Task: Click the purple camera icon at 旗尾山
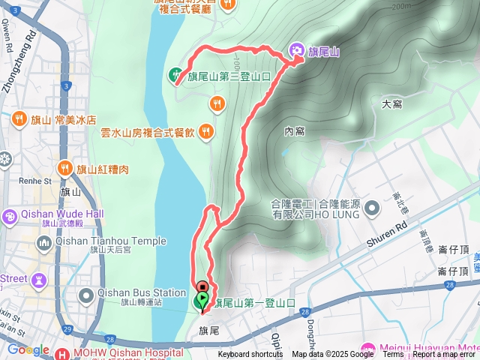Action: click(x=297, y=51)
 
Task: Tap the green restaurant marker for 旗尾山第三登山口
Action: click(x=175, y=74)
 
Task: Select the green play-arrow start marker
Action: click(x=202, y=301)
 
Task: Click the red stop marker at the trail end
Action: click(x=202, y=286)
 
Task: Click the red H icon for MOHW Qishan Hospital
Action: click(x=62, y=353)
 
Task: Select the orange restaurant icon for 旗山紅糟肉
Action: click(x=64, y=168)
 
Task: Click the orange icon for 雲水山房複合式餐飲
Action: click(x=207, y=132)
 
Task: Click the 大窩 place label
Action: click(x=392, y=104)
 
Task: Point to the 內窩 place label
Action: click(x=295, y=131)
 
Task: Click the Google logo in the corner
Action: click(x=28, y=349)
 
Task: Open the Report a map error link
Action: click(x=445, y=355)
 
